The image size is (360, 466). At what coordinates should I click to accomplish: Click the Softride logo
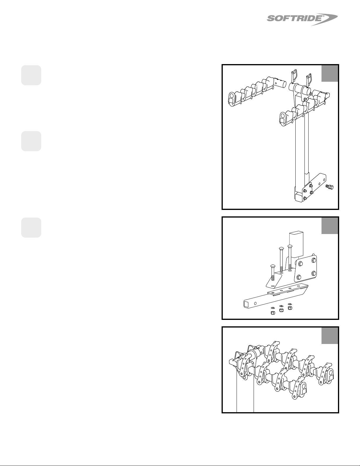[x=302, y=20]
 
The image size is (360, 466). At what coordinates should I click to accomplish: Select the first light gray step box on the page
[x=31, y=75]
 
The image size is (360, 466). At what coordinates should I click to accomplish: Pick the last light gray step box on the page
[x=31, y=228]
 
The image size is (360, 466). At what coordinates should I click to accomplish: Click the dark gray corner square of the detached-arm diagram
[x=329, y=73]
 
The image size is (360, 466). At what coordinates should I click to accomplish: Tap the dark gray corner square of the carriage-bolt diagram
[x=329, y=226]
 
